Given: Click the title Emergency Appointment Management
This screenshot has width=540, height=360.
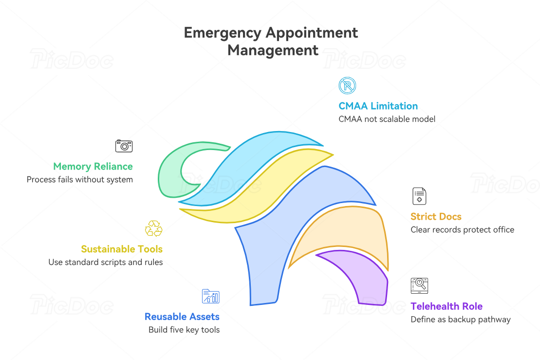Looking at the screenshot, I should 271,41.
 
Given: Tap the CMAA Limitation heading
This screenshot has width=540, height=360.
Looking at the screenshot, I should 378,106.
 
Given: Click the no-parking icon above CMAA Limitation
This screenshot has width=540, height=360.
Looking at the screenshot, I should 347,86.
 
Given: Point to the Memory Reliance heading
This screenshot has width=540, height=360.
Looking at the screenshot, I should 93,166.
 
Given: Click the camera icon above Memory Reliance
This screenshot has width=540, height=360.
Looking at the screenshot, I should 124,146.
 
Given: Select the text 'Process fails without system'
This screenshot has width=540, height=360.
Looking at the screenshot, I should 80,179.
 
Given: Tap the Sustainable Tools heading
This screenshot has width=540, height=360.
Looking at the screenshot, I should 122,249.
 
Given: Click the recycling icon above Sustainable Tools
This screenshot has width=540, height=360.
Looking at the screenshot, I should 153,228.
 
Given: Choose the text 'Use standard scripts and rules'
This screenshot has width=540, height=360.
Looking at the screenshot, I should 106,262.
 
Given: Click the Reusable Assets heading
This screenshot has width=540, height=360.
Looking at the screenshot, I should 182,317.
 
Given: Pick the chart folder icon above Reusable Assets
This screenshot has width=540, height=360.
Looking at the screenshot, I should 210,296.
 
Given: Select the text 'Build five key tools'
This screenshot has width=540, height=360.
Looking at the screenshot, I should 184,330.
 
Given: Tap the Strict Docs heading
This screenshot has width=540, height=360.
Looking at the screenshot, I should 436,217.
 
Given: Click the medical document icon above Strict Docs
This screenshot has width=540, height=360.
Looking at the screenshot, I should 419,196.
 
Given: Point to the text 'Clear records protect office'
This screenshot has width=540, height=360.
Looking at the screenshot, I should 462,229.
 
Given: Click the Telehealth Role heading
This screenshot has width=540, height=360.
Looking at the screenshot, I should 447,306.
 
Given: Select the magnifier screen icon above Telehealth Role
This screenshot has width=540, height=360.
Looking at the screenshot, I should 419,285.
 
